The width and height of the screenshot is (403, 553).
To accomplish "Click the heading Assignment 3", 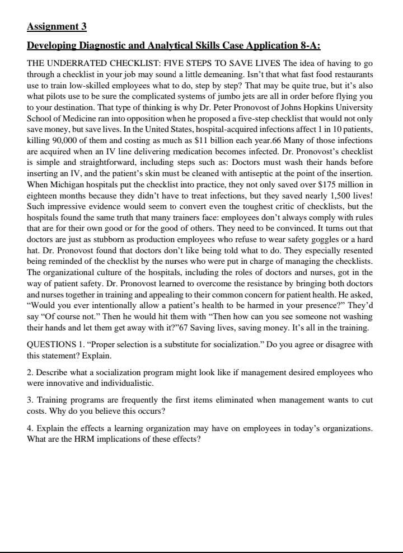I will point(57,26).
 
